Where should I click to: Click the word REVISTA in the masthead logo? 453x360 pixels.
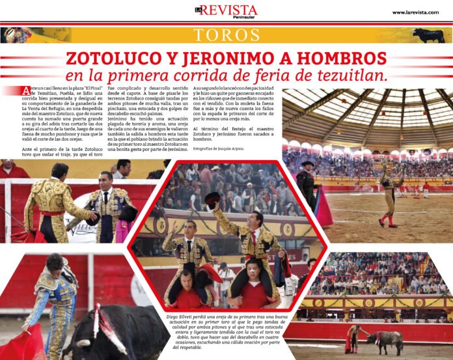coord(228,10)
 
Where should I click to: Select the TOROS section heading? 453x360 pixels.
coord(226,35)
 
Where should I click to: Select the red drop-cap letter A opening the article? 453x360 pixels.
coord(25,90)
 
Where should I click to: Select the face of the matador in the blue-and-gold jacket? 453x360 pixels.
coord(54,267)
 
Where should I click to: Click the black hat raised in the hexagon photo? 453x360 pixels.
coord(212,199)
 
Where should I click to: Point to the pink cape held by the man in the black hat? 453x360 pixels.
coord(323,207)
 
